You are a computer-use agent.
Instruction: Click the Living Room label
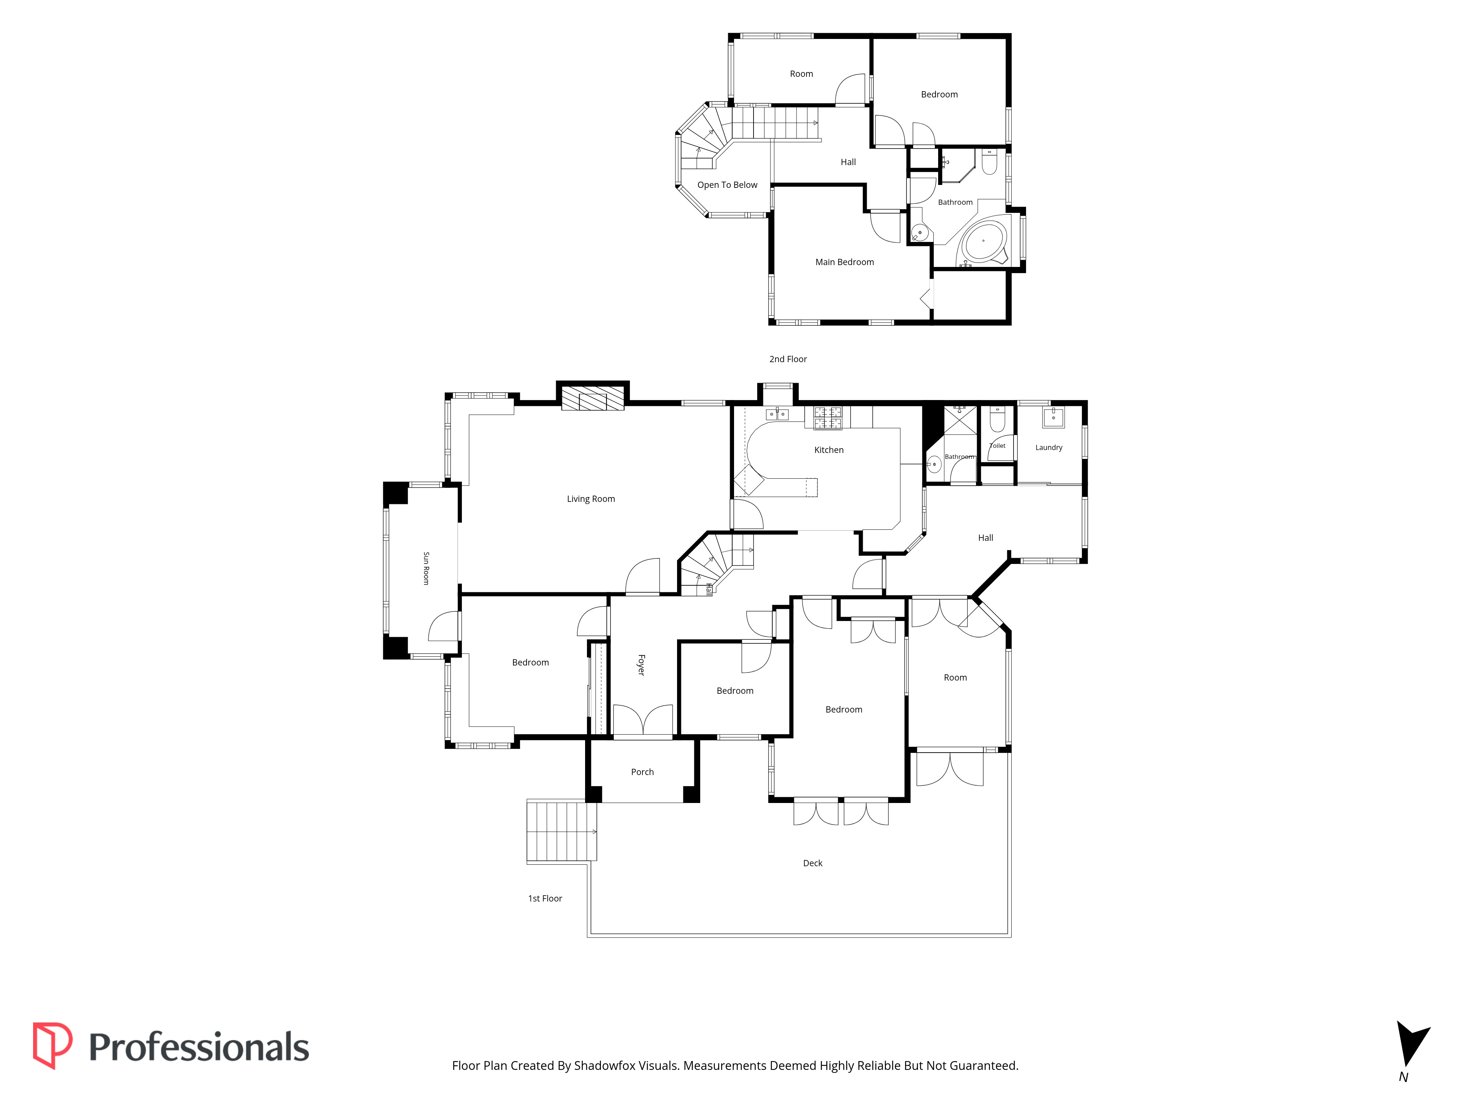pos(591,499)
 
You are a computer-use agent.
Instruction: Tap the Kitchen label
pos(829,450)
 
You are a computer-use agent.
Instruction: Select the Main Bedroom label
pos(845,262)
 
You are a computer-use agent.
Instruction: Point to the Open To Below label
pos(727,185)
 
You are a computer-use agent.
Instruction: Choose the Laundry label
pos(1049,447)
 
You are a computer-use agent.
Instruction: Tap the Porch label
pos(642,772)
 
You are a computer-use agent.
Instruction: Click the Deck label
pos(813,863)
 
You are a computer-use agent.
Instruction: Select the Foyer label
pos(641,665)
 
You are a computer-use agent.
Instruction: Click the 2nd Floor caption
pos(788,359)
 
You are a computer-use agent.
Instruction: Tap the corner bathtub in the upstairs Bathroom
pos(984,241)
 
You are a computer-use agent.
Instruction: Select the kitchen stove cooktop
pos(828,418)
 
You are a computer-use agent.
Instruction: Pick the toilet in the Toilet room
pos(997,419)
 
